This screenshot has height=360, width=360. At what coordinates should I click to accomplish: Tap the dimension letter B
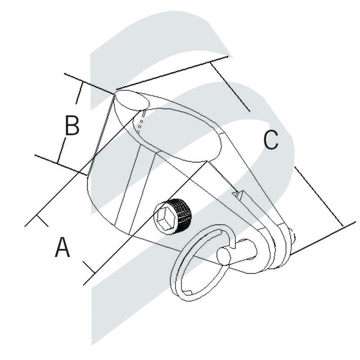tap(72, 126)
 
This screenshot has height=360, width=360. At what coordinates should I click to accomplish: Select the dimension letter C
tap(271, 140)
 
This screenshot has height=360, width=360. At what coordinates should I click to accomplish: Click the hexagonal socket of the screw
tap(165, 217)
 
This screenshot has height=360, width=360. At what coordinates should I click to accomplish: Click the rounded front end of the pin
tap(223, 256)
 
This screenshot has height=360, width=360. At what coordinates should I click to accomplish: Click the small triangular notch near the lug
tap(238, 194)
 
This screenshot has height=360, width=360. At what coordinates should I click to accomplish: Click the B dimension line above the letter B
tap(78, 93)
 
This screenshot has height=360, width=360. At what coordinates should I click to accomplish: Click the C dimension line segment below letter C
tap(319, 197)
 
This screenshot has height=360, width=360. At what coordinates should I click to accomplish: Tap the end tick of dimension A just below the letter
tap(89, 267)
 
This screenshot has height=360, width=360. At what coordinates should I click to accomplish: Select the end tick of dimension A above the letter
tap(42, 220)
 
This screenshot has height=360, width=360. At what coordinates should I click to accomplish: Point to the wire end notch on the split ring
tap(188, 292)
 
